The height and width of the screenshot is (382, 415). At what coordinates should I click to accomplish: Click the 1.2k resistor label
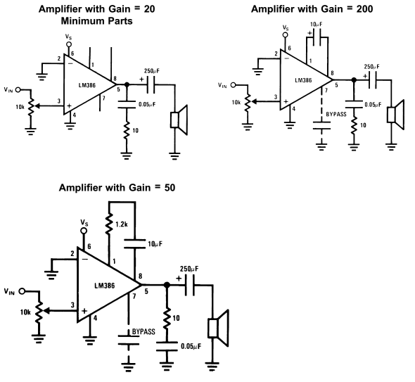click(122, 224)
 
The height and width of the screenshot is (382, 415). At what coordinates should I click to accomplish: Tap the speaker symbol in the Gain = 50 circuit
click(218, 329)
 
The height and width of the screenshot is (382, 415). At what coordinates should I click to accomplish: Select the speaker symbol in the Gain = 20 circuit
click(179, 120)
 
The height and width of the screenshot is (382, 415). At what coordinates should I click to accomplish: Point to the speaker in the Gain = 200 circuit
click(395, 115)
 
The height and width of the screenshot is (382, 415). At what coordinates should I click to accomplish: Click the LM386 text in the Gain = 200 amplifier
click(303, 80)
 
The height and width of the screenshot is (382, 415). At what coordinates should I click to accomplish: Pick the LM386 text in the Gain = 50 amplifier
click(105, 286)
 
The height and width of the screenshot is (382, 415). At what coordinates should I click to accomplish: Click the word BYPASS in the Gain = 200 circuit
click(336, 114)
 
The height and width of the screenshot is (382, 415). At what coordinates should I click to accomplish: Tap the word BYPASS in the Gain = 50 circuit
click(143, 332)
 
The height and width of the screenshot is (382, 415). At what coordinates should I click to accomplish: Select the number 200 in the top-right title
click(364, 9)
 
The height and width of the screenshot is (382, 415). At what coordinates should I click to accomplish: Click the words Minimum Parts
click(96, 21)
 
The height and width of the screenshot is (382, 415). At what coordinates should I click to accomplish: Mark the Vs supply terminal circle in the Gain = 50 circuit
click(84, 231)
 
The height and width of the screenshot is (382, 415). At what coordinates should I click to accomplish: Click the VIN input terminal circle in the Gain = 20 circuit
click(18, 90)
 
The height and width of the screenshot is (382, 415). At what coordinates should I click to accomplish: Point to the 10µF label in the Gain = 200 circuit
click(317, 25)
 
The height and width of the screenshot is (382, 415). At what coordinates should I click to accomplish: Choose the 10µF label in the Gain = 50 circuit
click(155, 244)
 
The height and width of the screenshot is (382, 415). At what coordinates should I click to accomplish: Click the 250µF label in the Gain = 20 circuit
click(152, 71)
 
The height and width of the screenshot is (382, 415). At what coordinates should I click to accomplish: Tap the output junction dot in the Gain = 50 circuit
click(167, 285)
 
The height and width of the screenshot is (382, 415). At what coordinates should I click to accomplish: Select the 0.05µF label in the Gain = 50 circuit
click(191, 346)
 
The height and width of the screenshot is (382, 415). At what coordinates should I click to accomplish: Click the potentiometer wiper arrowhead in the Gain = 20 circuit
click(37, 106)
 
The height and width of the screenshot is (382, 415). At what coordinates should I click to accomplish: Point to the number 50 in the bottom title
click(170, 188)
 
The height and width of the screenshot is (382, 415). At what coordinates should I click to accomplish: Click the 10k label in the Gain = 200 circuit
click(236, 102)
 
